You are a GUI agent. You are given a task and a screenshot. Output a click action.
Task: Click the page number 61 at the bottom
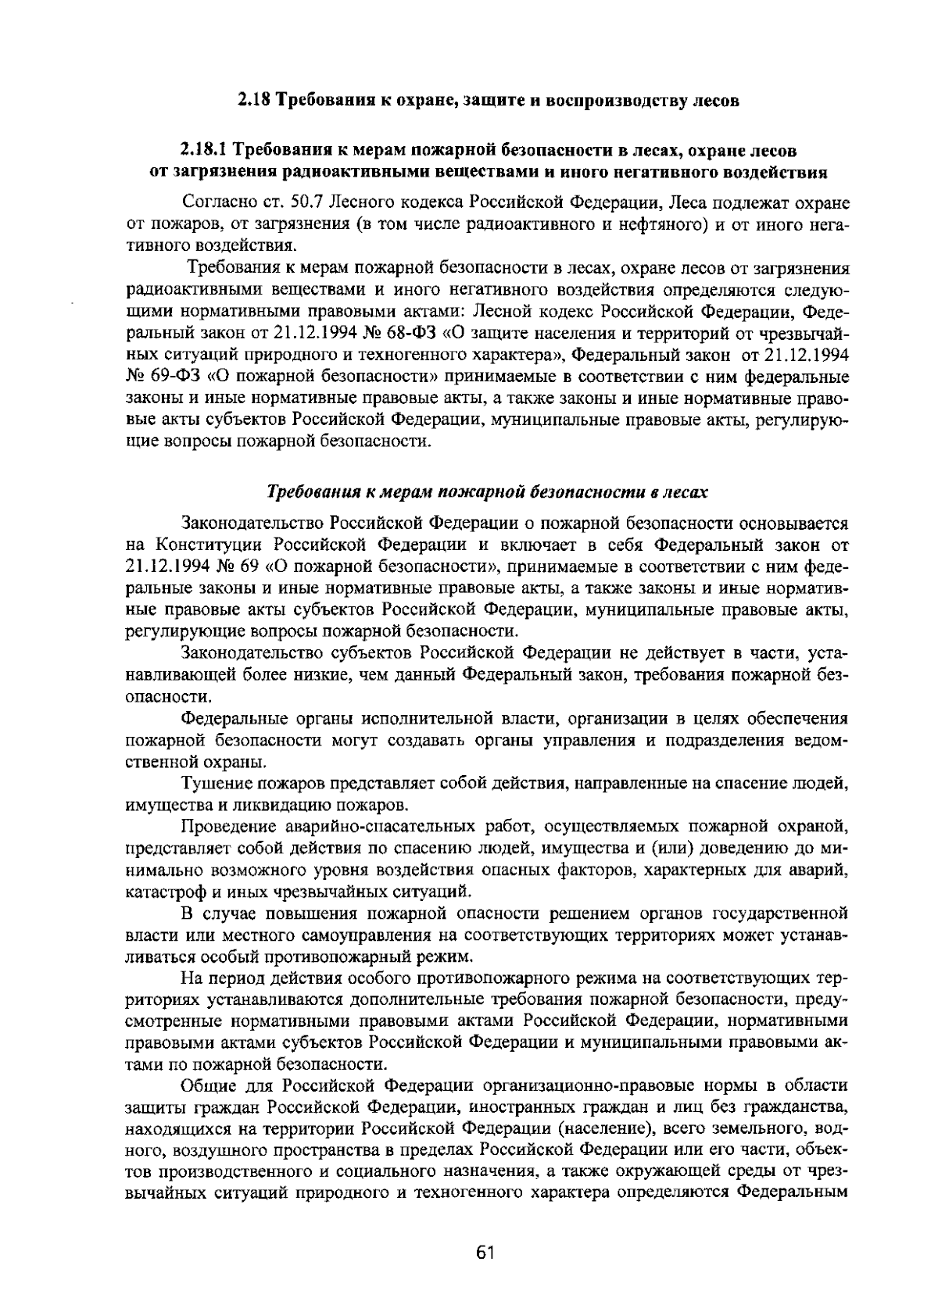pos(485,1253)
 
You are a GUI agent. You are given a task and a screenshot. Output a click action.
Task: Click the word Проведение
pos(221,826)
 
